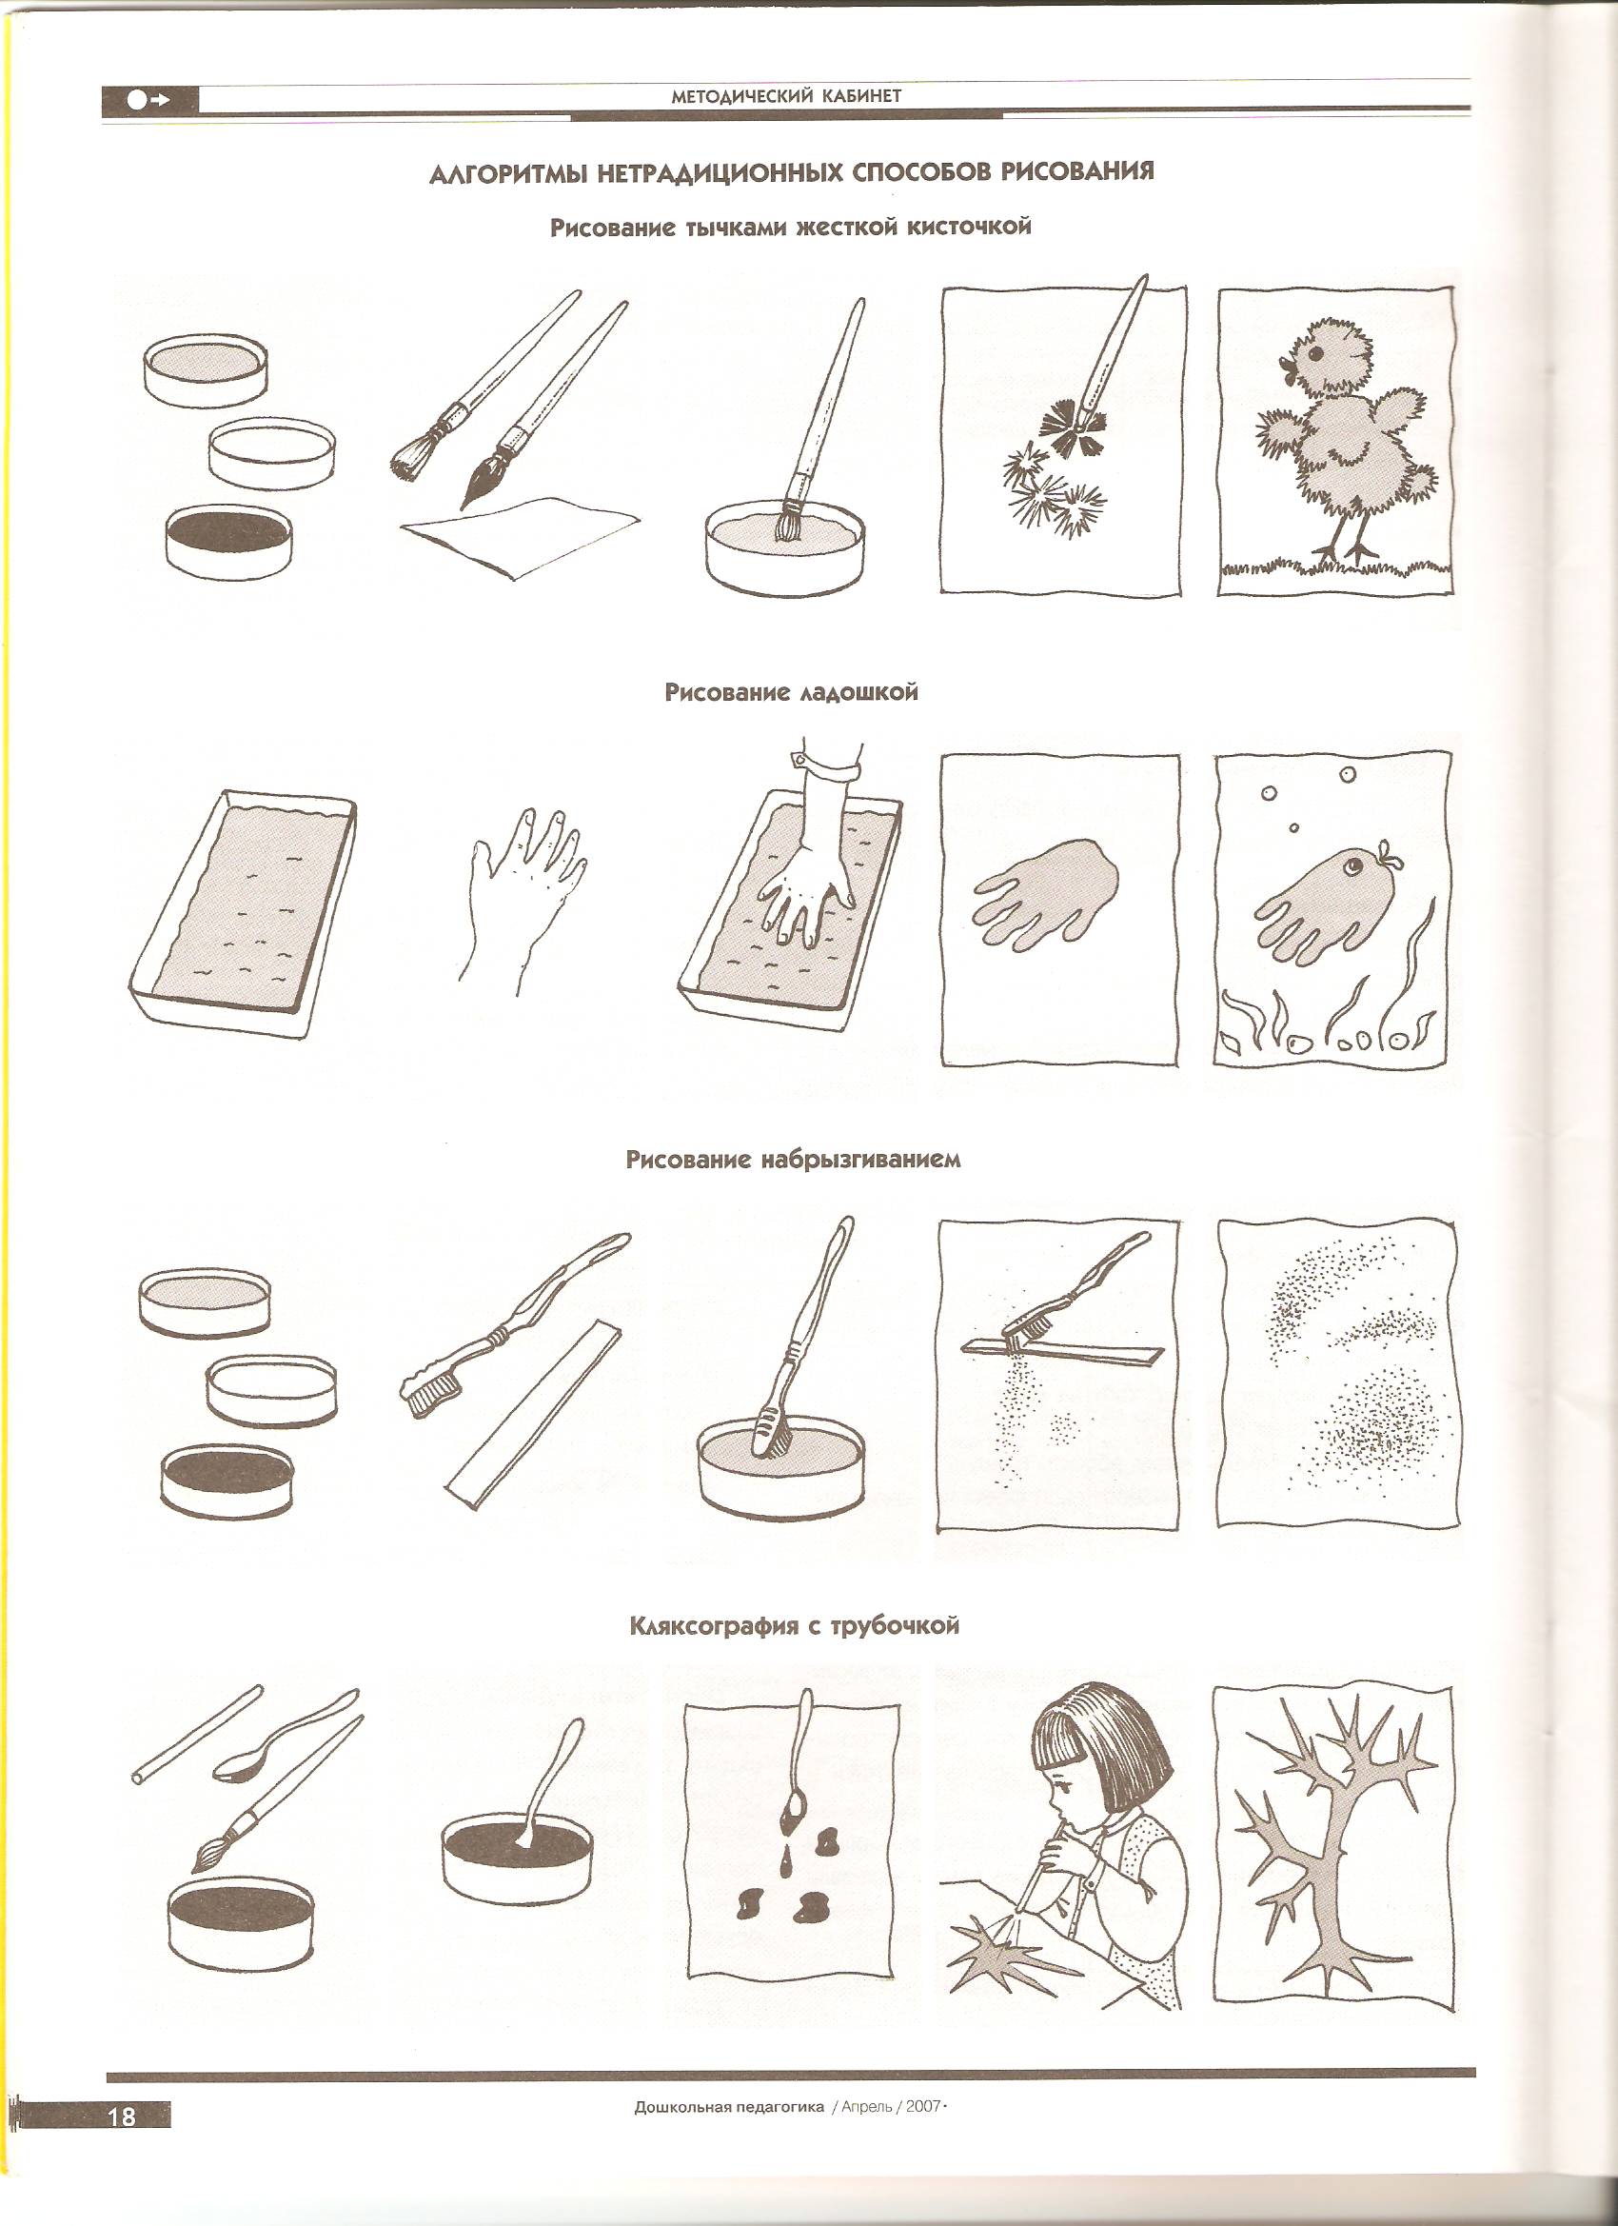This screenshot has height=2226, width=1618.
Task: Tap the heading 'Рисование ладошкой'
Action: (x=791, y=692)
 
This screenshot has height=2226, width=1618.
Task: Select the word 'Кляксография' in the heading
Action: (x=716, y=1626)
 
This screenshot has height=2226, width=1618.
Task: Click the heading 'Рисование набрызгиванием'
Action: (x=793, y=1159)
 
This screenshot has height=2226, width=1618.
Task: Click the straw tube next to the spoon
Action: (x=196, y=1736)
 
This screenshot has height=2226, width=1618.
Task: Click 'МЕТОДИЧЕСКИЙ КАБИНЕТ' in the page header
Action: (x=786, y=96)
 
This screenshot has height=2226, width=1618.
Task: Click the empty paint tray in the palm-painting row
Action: (x=243, y=913)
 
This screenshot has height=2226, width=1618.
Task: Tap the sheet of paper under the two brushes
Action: (x=520, y=536)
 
